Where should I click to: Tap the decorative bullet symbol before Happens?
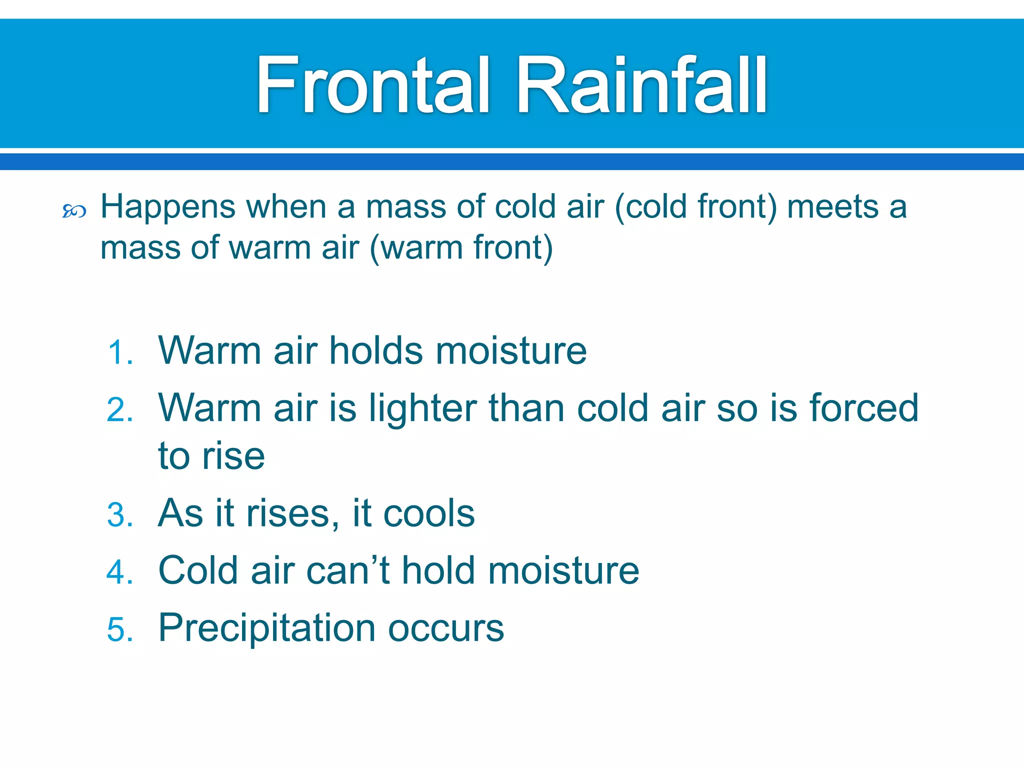tap(74, 211)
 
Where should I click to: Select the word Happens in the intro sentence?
tap(168, 207)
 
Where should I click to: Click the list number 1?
tap(120, 352)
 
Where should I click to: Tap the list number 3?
tap(120, 515)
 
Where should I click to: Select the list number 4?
tap(120, 572)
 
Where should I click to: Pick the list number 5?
tap(120, 629)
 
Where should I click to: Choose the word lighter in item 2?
tap(422, 409)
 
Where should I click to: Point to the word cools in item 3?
tap(429, 513)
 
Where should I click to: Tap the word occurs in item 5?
tap(446, 628)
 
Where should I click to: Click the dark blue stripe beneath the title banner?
tap(512, 161)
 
